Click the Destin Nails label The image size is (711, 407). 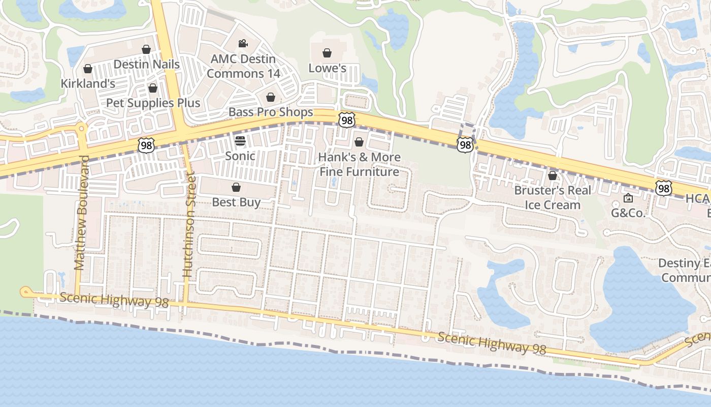click(146, 65)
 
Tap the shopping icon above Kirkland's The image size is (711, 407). click(87, 68)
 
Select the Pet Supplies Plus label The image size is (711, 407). click(153, 103)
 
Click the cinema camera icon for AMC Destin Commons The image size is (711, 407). click(243, 43)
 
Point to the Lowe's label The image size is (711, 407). click(328, 68)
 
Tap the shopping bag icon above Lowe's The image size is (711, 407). click(328, 52)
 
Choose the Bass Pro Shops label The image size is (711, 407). click(271, 112)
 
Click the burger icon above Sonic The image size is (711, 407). click(240, 140)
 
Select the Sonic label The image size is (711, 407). click(240, 156)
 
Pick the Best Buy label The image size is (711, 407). click(236, 202)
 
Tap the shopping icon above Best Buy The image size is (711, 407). click(236, 187)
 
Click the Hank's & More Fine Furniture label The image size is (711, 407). click(359, 164)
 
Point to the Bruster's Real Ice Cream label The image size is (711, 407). click(553, 197)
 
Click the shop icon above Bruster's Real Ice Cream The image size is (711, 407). click(553, 176)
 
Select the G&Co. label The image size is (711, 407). click(628, 213)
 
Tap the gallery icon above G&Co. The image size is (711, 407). click(628, 198)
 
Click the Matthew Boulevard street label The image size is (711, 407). click(81, 212)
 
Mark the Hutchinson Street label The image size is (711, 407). click(189, 224)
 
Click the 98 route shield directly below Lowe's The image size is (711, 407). click(347, 120)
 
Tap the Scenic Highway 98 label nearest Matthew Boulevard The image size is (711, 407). click(114, 299)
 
